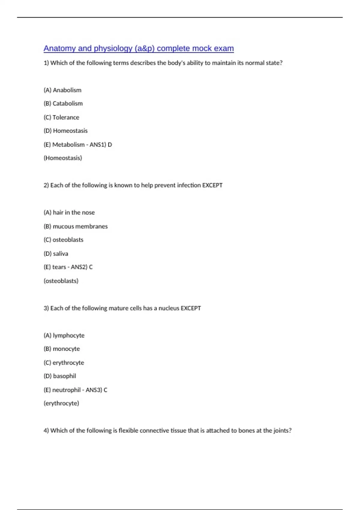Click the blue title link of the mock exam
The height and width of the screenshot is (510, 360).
(139, 49)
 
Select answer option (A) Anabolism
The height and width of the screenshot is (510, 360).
(62, 90)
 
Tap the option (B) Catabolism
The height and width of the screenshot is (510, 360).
(63, 103)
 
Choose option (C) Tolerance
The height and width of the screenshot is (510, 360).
(61, 117)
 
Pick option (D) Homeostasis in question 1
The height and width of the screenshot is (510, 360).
(66, 131)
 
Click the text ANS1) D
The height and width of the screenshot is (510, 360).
(101, 145)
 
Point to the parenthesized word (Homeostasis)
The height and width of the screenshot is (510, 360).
(63, 158)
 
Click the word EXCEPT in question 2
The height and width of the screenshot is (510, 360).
(212, 185)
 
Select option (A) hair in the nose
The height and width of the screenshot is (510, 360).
(69, 213)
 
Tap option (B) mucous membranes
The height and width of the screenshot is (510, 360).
(76, 226)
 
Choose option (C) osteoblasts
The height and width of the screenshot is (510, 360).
(64, 240)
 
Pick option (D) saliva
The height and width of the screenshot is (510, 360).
(56, 254)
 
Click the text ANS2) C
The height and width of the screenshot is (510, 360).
(82, 267)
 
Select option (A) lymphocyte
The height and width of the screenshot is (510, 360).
(64, 335)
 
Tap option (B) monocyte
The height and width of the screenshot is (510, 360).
(62, 349)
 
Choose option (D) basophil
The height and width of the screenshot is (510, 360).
(60, 376)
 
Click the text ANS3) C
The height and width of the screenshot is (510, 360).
(96, 390)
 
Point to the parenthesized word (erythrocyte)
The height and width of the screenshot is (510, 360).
(61, 403)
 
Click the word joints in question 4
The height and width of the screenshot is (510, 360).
(281, 430)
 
